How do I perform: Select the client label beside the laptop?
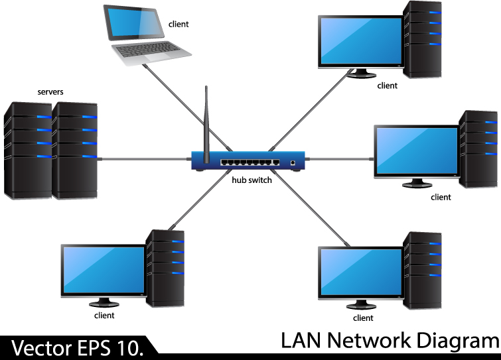(x=178, y=25)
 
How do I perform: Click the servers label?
(x=50, y=91)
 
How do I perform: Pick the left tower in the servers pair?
(x=28, y=149)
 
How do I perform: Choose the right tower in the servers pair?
(x=74, y=149)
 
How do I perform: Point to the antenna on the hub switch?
(x=206, y=123)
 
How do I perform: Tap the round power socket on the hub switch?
(x=293, y=162)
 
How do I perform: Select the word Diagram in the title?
(x=457, y=341)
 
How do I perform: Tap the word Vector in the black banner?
(x=40, y=347)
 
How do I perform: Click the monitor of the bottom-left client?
(x=104, y=270)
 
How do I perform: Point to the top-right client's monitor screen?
(x=360, y=40)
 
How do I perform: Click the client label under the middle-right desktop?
(x=441, y=197)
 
